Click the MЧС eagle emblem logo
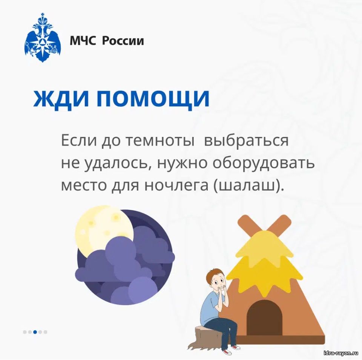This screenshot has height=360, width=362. pos(43,38)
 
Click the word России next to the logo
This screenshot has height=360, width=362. pos(123,41)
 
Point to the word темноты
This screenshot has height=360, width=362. pos(160,141)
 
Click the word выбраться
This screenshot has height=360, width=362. pos(246,141)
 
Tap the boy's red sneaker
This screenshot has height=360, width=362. pos(227,352)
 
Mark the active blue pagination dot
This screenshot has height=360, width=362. pos(35,332)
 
